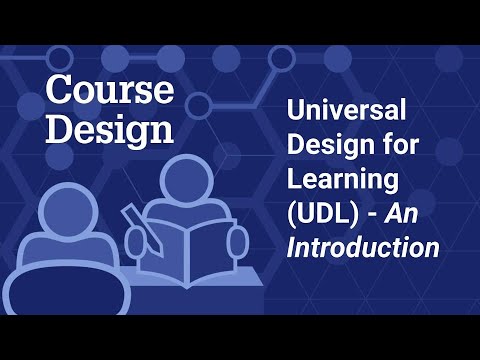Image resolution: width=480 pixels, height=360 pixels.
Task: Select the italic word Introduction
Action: pyautogui.click(x=363, y=248)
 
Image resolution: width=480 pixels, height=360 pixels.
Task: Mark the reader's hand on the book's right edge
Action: pyautogui.click(x=236, y=240)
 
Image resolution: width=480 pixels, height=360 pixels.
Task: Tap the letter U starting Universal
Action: pyautogui.click(x=297, y=112)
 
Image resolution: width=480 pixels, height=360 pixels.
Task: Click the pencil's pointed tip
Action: pyautogui.click(x=126, y=210)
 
